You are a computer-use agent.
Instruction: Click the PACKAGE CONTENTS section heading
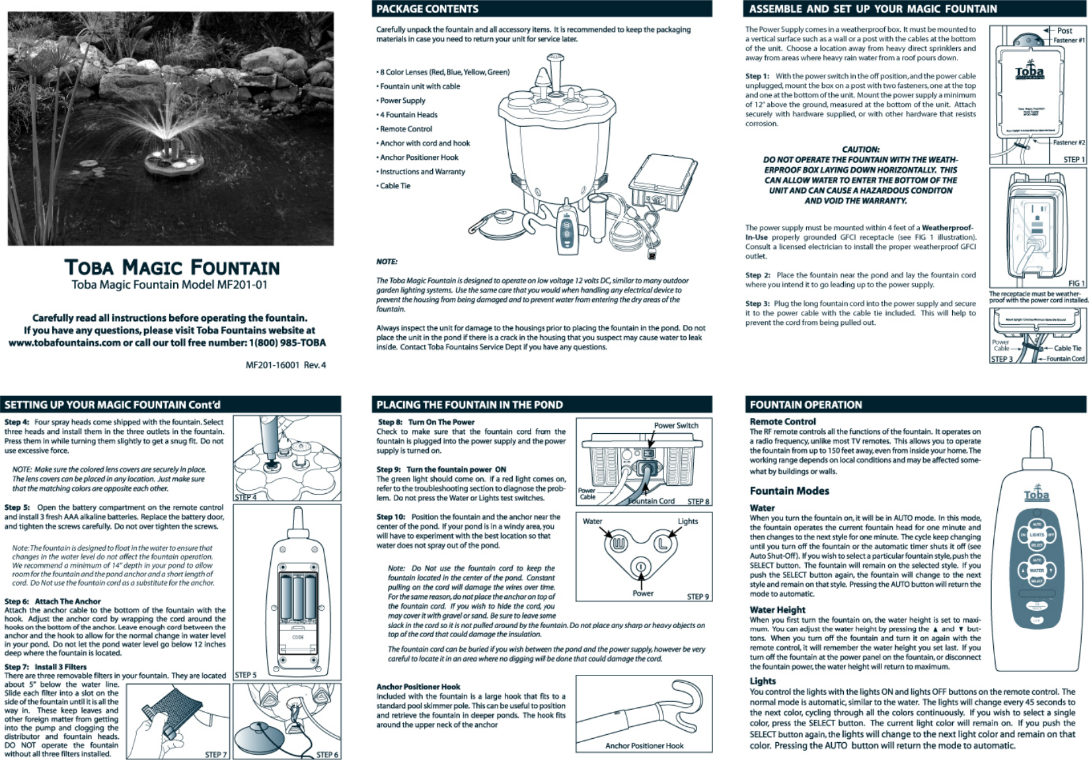tap(427, 9)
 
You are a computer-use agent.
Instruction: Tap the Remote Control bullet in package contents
tap(406, 129)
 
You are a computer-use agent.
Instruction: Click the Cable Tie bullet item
tap(395, 186)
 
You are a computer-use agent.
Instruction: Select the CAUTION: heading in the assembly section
tap(860, 149)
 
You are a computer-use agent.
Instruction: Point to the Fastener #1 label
tap(1069, 40)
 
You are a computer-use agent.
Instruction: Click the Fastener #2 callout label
tap(1069, 142)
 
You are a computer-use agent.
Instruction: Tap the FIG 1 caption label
tap(1076, 283)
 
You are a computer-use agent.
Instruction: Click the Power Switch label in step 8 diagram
tap(676, 425)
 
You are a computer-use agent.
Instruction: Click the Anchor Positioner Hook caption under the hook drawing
tap(644, 745)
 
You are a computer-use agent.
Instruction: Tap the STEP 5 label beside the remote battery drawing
tap(246, 675)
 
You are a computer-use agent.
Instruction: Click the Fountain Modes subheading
tap(789, 491)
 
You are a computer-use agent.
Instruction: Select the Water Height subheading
tap(777, 609)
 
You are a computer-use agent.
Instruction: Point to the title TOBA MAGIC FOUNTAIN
tap(172, 267)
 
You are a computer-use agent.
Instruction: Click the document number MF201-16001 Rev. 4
tap(285, 364)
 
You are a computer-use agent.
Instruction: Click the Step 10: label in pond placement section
tap(391, 516)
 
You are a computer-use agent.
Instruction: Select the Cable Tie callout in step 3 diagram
tap(1067, 348)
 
